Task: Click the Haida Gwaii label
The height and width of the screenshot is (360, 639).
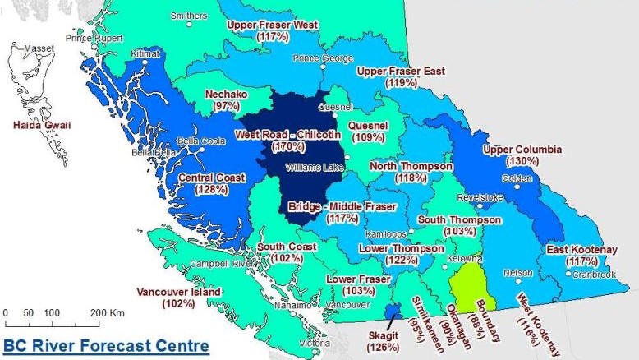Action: tap(36, 125)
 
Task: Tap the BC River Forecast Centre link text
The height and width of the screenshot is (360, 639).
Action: tap(105, 345)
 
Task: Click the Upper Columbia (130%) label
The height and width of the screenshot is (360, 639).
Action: tap(522, 155)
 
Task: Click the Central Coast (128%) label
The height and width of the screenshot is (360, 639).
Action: tap(211, 183)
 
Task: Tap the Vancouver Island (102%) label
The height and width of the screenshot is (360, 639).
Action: tap(178, 298)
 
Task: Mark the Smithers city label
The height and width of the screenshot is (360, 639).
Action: tap(188, 16)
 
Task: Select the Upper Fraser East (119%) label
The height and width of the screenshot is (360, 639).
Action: tap(400, 77)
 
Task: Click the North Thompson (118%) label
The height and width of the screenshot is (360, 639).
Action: tap(411, 172)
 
